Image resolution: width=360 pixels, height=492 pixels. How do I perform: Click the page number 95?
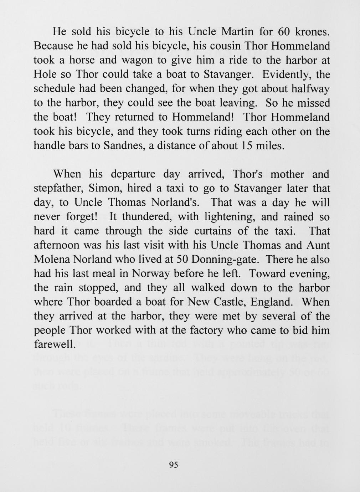click(174, 465)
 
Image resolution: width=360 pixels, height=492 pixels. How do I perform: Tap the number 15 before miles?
click(243, 146)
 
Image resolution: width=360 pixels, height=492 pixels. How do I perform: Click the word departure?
click(133, 174)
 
